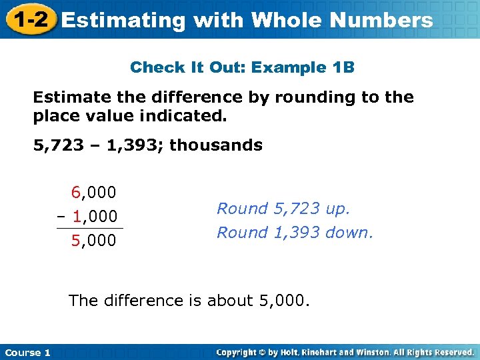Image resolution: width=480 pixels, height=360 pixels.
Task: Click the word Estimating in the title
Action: pos(123,21)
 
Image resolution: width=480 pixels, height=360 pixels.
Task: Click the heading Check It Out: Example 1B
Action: pos(242,67)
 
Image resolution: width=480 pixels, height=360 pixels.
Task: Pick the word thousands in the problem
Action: pos(216,145)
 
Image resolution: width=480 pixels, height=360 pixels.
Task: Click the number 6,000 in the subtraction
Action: pos(94,193)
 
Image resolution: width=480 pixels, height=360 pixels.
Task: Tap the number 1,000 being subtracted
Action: pos(95,217)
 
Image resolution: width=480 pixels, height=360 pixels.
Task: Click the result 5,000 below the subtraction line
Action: pos(94,240)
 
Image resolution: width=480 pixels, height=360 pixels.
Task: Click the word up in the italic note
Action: pos(335,209)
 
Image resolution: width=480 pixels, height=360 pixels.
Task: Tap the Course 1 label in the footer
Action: pos(27,352)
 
